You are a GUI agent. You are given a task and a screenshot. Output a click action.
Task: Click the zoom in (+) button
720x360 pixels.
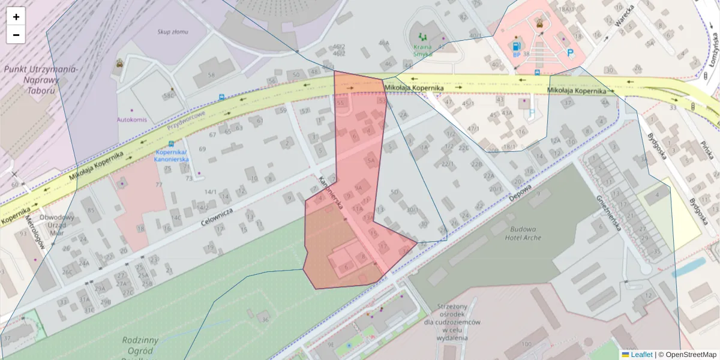pyautogui.click(x=16, y=17)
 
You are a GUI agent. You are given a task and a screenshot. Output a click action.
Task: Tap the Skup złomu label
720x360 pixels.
pyautogui.click(x=173, y=31)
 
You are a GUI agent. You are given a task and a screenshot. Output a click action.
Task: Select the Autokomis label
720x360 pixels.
pyautogui.click(x=132, y=119)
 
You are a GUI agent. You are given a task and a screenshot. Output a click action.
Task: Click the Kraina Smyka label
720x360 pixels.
pyautogui.click(x=422, y=50)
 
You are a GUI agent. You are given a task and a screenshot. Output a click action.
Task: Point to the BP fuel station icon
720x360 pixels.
pyautogui.click(x=515, y=46)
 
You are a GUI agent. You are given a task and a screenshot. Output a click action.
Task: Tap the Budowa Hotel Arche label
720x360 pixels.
pyautogui.click(x=524, y=233)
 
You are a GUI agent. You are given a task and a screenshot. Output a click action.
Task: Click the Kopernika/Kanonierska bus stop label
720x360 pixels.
pyautogui.click(x=172, y=155)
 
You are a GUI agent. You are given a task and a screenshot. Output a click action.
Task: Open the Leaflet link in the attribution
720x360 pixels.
pyautogui.click(x=641, y=355)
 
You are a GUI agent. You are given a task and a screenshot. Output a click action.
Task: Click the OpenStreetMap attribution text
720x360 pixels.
pyautogui.click(x=687, y=355)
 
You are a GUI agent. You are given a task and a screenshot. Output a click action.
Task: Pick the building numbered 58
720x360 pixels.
pyautogui.click(x=211, y=75)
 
